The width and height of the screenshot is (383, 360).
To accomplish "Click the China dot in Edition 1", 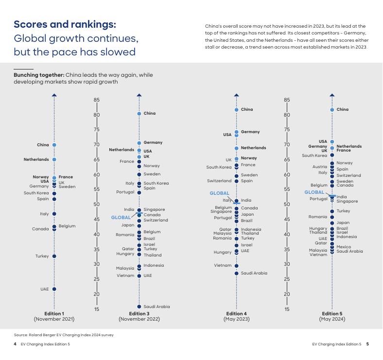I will [54, 145].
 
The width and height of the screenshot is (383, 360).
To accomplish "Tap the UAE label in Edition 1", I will [45, 289].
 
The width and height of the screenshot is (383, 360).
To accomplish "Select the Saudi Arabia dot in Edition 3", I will [139, 307].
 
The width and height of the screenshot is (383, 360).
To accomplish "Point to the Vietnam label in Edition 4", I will [223, 265].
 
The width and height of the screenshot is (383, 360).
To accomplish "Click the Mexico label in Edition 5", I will [344, 247].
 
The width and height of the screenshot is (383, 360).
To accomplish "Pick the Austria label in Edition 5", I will [320, 167].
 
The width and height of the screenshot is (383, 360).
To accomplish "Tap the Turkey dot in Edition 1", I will [54, 256].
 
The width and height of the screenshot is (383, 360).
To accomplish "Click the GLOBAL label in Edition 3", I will [121, 218].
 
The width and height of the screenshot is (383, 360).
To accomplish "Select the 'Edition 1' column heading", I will [54, 314].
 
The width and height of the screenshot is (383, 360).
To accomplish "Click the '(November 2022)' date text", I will [139, 319].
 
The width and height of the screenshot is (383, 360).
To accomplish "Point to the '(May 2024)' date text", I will [332, 319].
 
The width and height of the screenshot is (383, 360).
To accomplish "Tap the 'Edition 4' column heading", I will [236, 314].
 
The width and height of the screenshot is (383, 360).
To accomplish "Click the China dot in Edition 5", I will [332, 110].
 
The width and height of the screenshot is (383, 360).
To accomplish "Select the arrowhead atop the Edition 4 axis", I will [236, 95].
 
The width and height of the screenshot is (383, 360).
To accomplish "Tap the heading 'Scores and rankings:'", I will [65, 25].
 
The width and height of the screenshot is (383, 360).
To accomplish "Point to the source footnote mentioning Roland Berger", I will [64, 335].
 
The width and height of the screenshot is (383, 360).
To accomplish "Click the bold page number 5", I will [367, 344].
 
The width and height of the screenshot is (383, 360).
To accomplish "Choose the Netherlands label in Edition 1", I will [36, 159].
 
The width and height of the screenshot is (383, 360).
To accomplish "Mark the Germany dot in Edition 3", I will [139, 143].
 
